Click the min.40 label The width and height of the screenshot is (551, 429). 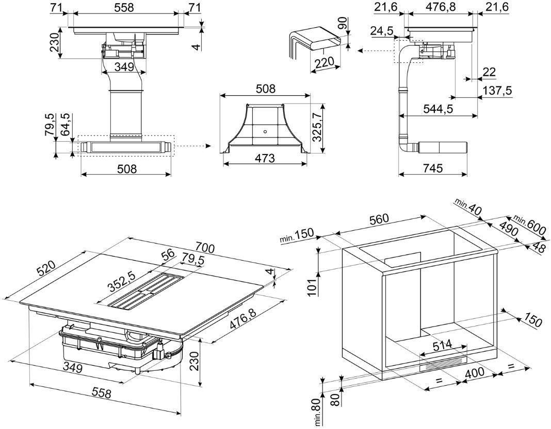(468, 206)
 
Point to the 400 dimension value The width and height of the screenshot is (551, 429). (476, 372)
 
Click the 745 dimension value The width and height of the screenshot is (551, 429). (432, 168)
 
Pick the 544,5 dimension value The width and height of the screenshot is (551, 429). (438, 110)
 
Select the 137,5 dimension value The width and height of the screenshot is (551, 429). (496, 91)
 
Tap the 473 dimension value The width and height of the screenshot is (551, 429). (265, 158)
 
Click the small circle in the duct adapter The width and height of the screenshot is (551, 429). (265, 131)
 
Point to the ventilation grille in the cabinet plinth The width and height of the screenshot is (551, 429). (444, 364)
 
